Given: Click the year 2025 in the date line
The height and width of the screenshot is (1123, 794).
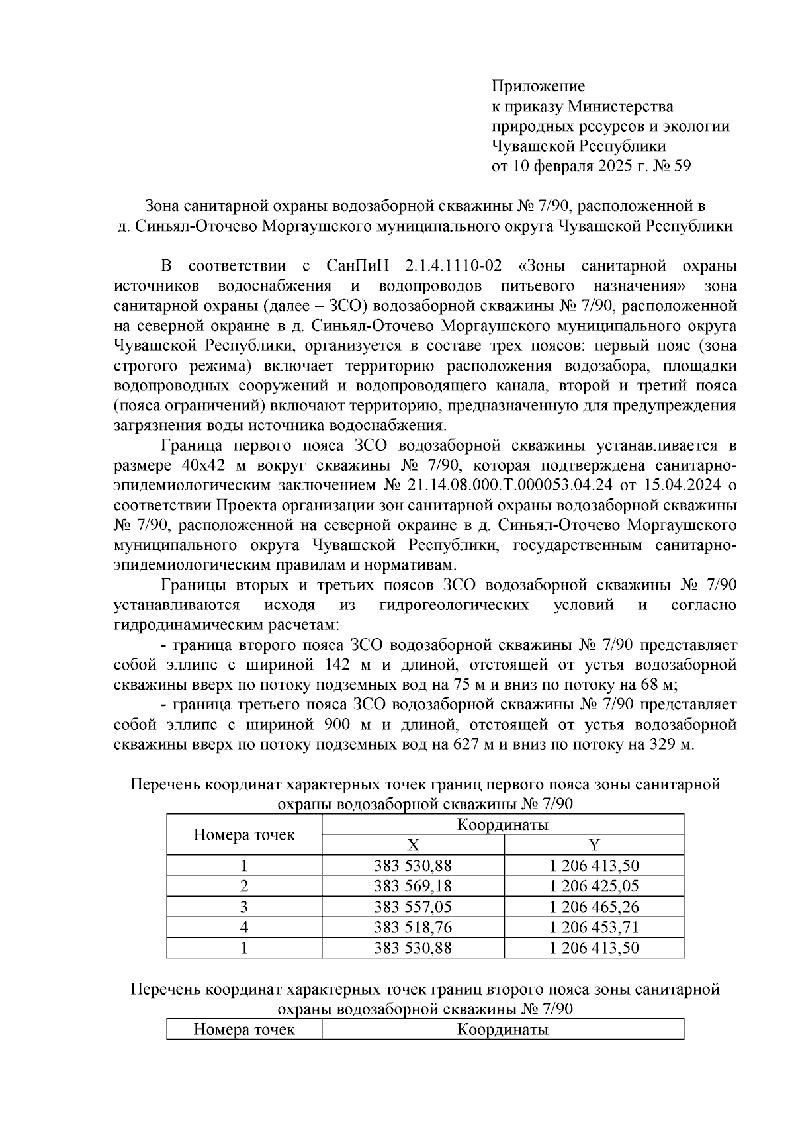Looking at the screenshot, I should click(x=613, y=166).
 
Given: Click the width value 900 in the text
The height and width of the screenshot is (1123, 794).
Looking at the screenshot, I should click(x=335, y=725).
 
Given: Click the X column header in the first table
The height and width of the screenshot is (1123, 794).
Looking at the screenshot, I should click(x=413, y=844).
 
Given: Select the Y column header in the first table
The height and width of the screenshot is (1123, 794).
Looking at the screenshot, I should click(x=594, y=844).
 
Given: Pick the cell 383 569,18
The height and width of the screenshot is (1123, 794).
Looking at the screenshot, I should click(x=413, y=886).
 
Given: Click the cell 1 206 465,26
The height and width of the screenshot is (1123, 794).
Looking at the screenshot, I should click(x=594, y=907).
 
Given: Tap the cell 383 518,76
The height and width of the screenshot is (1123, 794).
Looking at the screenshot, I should click(x=413, y=927).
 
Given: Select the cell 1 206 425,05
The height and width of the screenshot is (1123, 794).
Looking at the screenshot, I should click(x=594, y=886).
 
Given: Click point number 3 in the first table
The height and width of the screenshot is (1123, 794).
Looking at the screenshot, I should click(x=243, y=907).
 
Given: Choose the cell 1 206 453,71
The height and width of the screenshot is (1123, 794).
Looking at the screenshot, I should click(x=594, y=927).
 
